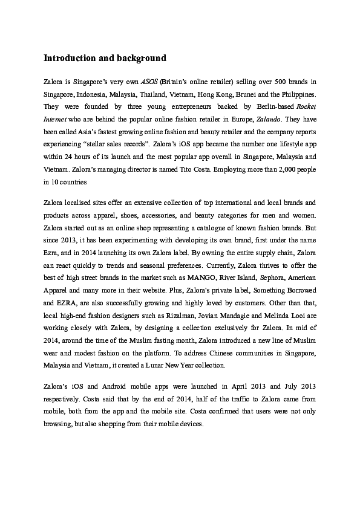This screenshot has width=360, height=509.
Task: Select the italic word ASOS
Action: pos(149,80)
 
